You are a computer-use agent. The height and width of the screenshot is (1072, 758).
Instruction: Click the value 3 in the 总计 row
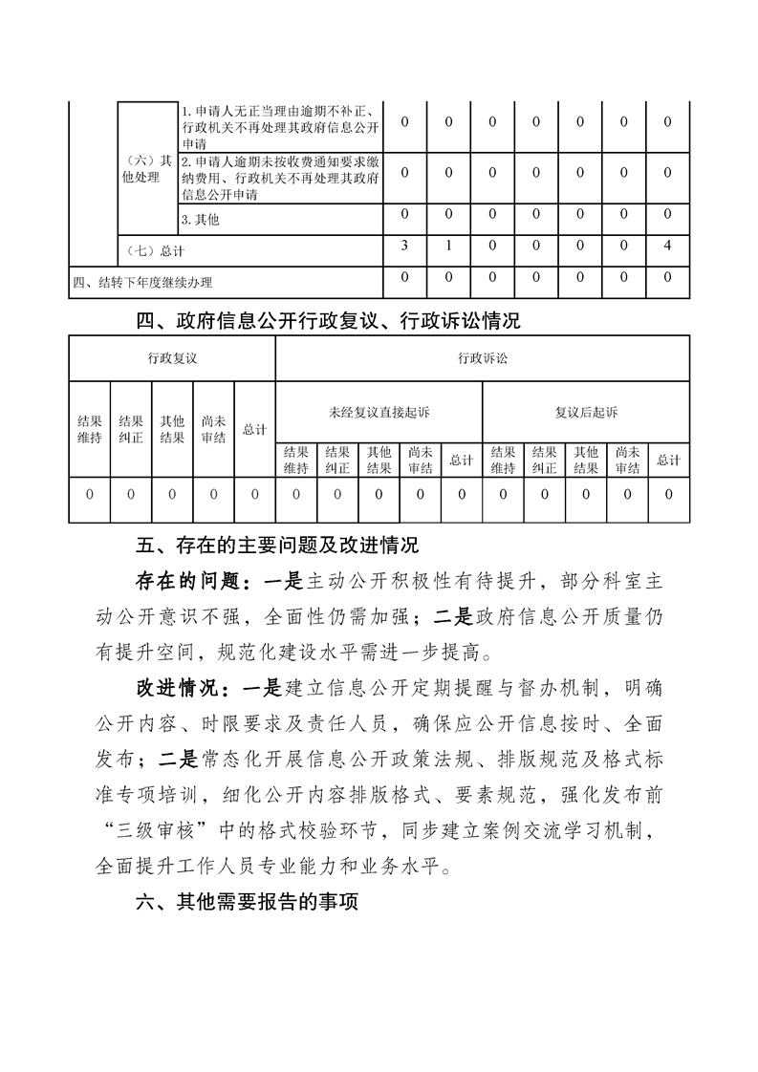[405, 246]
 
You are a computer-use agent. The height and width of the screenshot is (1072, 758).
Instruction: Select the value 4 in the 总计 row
[667, 246]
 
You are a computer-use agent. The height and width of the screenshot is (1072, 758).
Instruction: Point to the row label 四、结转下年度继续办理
[143, 282]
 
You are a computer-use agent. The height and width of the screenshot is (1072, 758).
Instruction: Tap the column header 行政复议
[172, 357]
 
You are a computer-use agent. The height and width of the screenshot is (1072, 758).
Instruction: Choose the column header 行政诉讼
[483, 357]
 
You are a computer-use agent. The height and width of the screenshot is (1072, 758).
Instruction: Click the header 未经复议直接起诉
[379, 412]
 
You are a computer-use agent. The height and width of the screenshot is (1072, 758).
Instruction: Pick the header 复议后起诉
[586, 412]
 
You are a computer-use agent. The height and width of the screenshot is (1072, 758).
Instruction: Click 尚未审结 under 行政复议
[213, 429]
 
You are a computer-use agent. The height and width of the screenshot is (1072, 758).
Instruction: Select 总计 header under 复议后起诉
[668, 460]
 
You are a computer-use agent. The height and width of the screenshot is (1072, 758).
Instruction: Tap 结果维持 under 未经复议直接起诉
[295, 460]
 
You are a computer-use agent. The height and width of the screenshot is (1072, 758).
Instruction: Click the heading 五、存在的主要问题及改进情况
[277, 547]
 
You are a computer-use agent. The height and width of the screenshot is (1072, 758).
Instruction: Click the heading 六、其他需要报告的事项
[247, 901]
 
